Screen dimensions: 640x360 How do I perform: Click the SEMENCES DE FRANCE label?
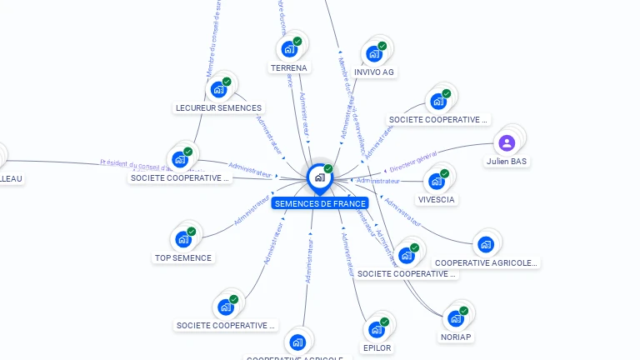tap(320, 203)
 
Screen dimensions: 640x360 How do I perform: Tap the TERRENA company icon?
tap(290, 48)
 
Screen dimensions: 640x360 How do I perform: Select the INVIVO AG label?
tap(374, 72)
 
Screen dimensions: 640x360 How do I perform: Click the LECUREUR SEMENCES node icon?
tap(219, 89)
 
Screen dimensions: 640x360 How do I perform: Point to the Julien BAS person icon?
tap(507, 142)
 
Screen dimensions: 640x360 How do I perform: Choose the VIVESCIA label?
tap(437, 200)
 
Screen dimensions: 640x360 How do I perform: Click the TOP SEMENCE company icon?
tap(183, 239)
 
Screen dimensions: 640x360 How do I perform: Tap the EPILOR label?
tap(377, 347)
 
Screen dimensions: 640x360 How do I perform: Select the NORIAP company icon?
tap(456, 318)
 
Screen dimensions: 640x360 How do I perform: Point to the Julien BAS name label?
tap(507, 161)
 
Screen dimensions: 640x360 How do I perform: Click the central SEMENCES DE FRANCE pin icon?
tap(319, 177)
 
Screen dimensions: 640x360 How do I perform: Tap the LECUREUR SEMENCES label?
tap(219, 107)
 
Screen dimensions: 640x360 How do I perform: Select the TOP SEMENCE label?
tap(183, 257)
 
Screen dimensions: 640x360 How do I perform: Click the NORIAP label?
tap(456, 337)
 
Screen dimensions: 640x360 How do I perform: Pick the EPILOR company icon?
tap(377, 328)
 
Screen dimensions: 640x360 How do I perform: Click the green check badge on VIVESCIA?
tap(444, 173)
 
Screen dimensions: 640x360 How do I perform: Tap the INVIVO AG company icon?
tap(374, 53)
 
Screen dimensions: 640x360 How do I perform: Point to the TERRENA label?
tap(289, 67)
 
